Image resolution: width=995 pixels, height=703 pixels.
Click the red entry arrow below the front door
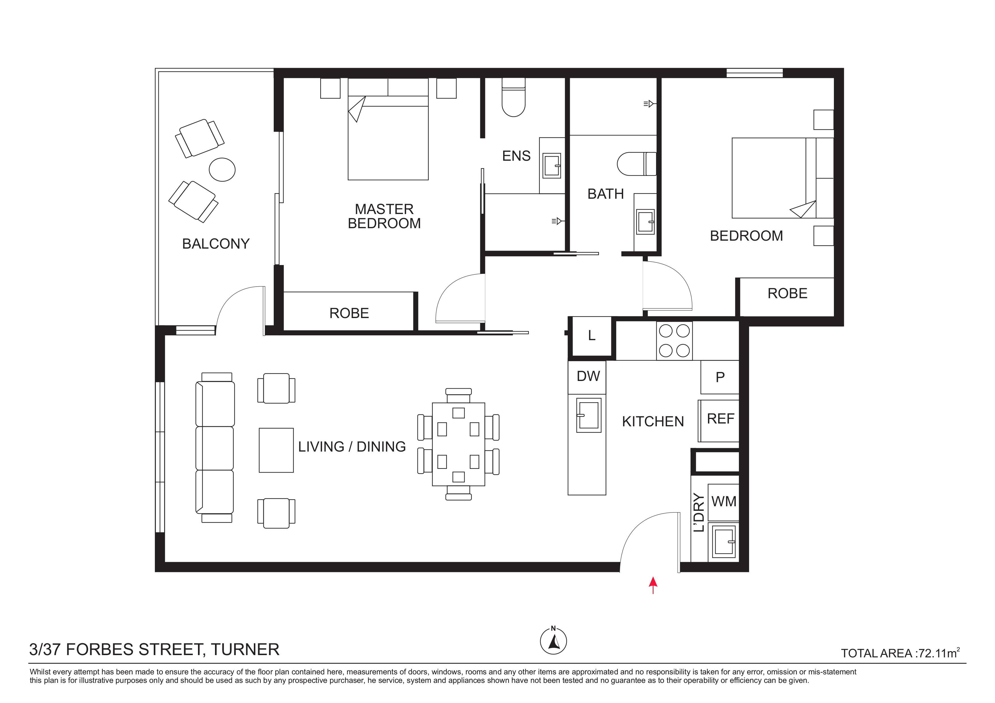[x=653, y=585]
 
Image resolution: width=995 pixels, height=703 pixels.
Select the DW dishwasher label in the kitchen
[x=588, y=376]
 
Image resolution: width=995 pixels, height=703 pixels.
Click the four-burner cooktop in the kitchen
[x=674, y=340]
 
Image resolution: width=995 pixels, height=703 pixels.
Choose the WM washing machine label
[x=724, y=501]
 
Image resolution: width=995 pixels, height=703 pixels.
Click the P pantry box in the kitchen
[x=720, y=377]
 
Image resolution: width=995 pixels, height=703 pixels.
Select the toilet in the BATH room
[x=636, y=163]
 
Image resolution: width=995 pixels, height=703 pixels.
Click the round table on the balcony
[x=222, y=169]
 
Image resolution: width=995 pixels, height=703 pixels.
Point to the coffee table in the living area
[x=276, y=450]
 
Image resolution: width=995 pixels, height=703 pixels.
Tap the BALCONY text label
[x=216, y=244]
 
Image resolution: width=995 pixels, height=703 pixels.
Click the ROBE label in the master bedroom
[x=349, y=313]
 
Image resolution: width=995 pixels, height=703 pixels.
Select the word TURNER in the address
[x=245, y=650]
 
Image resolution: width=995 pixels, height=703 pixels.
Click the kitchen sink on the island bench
[x=589, y=415]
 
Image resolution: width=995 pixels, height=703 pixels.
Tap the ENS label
[x=516, y=156]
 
